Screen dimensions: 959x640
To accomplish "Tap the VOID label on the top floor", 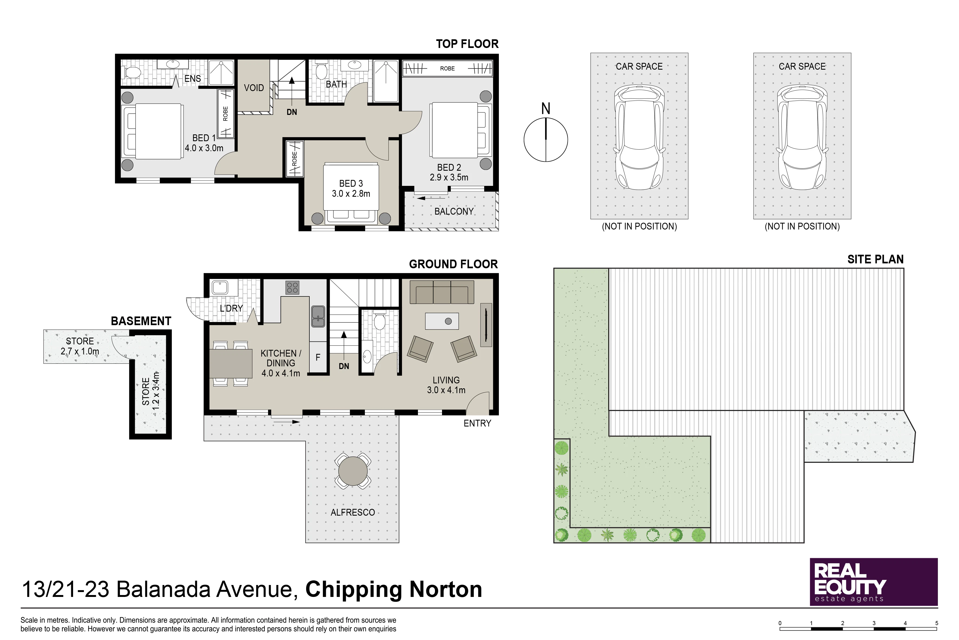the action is click(x=254, y=88).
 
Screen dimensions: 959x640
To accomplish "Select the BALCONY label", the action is click(x=454, y=211).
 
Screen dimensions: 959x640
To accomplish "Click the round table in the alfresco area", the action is click(x=353, y=471).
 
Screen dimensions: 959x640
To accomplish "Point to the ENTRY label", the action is click(x=477, y=423).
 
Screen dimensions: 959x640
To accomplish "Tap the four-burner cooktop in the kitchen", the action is click(x=292, y=288).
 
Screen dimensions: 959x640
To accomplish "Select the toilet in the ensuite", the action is click(x=131, y=73).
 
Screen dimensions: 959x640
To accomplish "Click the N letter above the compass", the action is click(x=546, y=109).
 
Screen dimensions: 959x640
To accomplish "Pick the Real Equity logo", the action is click(x=873, y=582).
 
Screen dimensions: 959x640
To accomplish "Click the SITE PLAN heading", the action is click(x=875, y=259).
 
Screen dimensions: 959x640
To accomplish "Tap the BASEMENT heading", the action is click(x=141, y=321).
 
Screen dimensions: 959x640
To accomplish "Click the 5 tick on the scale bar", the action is click(x=936, y=623).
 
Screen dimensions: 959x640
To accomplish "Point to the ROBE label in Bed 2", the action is click(x=447, y=69).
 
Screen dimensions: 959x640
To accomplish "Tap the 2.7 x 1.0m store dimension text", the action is click(x=80, y=351).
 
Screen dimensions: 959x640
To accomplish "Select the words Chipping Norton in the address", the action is click(x=394, y=589).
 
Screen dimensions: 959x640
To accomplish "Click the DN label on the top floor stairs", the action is click(x=292, y=112).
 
